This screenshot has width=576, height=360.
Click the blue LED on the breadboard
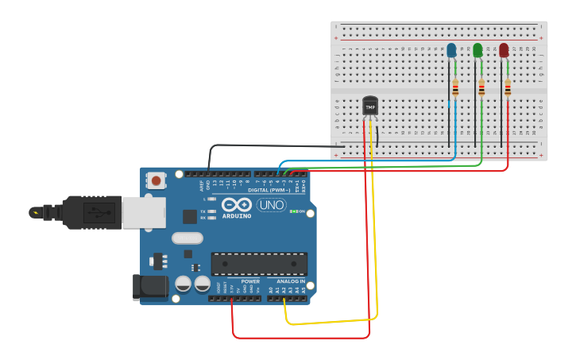(451, 51)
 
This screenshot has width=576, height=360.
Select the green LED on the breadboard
(477, 51)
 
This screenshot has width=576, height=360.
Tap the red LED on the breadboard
(504, 51)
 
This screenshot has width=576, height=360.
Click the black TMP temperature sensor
(370, 106)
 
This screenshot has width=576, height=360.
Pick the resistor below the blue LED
(454, 88)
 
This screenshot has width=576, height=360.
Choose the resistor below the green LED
(481, 88)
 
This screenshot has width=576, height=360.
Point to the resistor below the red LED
(508, 88)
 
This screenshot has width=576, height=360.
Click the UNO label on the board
(272, 205)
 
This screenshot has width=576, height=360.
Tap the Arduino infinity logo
(238, 204)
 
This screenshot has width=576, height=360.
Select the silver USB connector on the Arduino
(144, 212)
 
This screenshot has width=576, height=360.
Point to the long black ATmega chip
(259, 264)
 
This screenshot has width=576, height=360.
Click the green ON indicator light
(293, 211)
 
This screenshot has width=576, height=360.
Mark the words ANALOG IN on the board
(290, 281)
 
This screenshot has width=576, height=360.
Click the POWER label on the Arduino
(250, 281)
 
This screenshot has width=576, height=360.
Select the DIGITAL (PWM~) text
(265, 191)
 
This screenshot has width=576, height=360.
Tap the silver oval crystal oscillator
(187, 238)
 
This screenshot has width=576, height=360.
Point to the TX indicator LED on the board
(211, 211)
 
